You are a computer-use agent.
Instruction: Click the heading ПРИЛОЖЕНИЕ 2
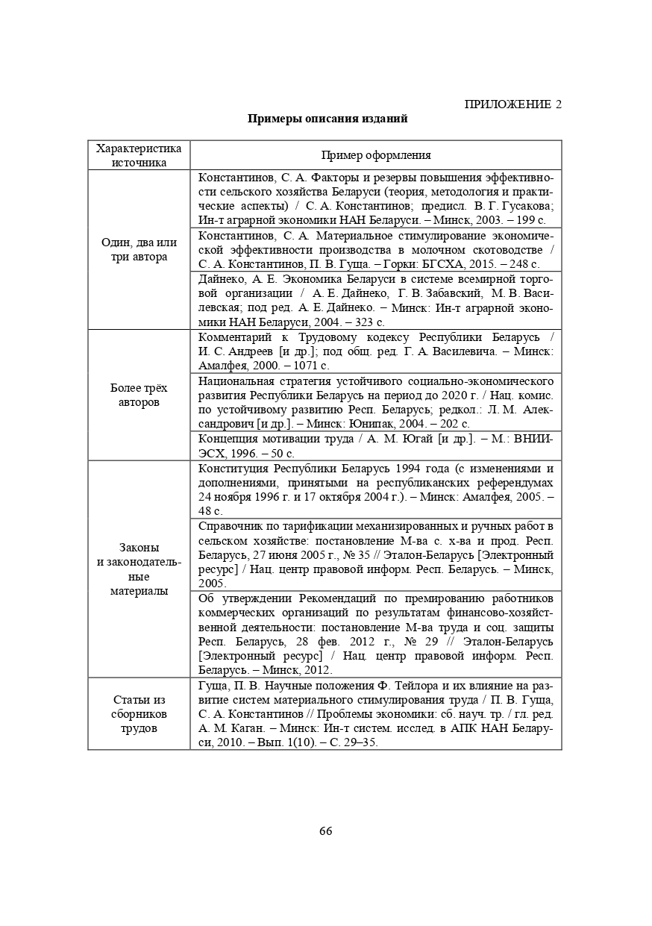point(512,104)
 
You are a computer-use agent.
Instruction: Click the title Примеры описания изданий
point(327,119)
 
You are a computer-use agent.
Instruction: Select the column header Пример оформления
point(376,155)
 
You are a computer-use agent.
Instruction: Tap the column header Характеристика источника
point(139,155)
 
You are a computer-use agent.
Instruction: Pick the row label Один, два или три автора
point(139,250)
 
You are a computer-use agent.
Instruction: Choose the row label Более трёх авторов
point(139,395)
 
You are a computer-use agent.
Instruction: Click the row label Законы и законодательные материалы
point(139,569)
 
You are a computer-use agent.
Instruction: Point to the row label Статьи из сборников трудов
point(139,714)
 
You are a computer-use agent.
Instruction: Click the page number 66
point(325,831)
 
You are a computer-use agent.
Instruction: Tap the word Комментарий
point(234,337)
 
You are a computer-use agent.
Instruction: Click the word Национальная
point(239,381)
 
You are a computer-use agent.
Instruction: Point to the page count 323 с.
point(369,322)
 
